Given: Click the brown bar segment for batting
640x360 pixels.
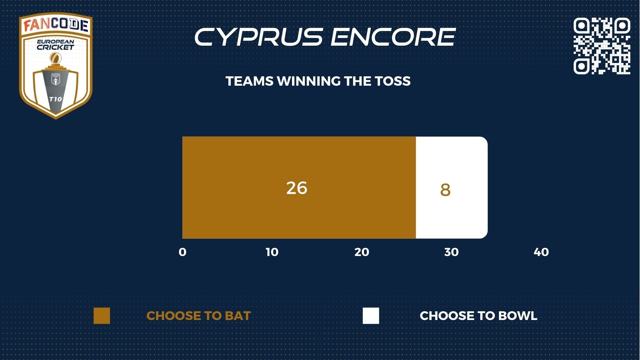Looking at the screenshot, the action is pos(299,187).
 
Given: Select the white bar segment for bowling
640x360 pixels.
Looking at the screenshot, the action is pos(452,187).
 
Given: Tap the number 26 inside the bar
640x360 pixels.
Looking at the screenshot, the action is pos(297,188).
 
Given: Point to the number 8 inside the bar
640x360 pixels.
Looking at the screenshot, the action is pos(445,190).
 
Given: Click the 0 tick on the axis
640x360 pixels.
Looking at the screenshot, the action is pos(182,252).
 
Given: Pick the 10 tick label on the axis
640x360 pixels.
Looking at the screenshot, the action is pos(272,252).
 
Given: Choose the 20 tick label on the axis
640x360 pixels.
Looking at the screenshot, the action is pos(362,252).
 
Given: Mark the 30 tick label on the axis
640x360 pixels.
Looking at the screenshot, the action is pos(451,252).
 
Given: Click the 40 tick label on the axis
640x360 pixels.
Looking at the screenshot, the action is pos(541,252).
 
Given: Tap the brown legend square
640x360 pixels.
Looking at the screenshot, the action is pos(102,316).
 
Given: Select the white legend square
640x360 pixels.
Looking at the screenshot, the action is pos(371,316).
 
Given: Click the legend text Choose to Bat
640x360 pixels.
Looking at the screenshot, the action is pos(199,316).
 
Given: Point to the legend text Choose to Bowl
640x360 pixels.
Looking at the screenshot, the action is pos(478,316).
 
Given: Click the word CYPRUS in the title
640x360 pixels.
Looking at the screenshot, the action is pos(259,37).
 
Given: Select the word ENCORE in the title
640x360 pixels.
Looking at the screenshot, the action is pos(393,37).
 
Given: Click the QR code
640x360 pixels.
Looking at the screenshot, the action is pos(602,46).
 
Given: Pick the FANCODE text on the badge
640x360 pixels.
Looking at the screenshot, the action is pos(56,25).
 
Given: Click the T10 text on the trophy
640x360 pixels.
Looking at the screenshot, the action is pos(55,99).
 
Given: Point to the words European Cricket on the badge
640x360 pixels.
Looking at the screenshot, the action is pos(55,45).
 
